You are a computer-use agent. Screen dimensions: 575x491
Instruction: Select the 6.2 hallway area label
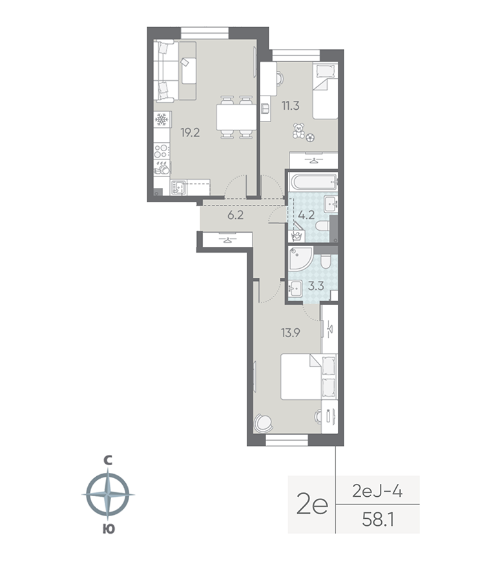pyautogui.click(x=235, y=215)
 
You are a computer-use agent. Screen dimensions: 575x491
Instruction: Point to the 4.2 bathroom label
pyautogui.click(x=306, y=216)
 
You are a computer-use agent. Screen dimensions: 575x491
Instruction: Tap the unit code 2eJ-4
pyautogui.click(x=378, y=492)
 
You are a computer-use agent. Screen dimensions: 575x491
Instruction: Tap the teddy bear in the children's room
pyautogui.click(x=299, y=132)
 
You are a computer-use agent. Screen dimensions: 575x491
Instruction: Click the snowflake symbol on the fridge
pyautogui.click(x=162, y=120)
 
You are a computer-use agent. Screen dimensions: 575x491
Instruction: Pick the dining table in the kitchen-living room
pyautogui.click(x=236, y=117)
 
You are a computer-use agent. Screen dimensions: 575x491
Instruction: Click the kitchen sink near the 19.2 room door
pyautogui.click(x=179, y=187)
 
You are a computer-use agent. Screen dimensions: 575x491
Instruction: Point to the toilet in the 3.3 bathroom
pyautogui.click(x=326, y=261)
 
